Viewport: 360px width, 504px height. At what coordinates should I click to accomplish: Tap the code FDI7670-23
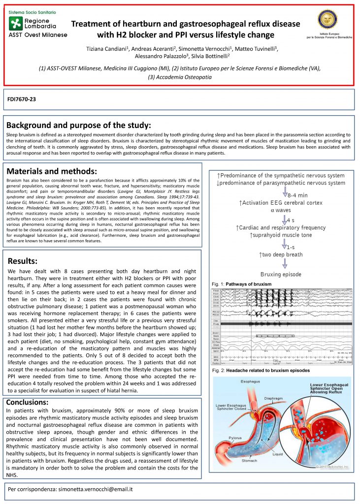22,99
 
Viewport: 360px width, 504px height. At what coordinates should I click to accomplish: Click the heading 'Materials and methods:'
52,171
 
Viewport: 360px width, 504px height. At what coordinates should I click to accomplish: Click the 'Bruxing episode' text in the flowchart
280,274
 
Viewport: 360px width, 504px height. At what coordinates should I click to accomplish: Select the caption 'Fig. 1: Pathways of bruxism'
241,284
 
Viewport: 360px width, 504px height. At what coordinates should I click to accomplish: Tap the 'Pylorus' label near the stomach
227,437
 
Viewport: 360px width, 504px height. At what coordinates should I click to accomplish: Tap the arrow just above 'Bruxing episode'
285,263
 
